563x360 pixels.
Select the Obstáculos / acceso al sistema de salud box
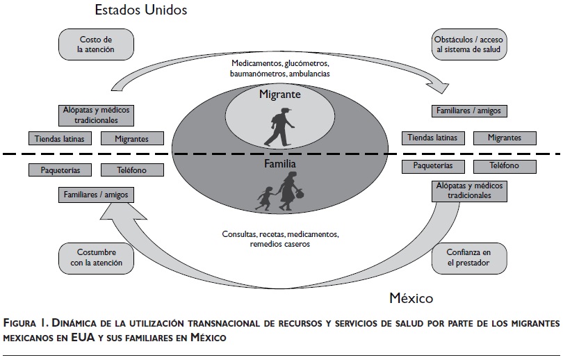[466, 45]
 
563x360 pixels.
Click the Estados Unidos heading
[142, 10]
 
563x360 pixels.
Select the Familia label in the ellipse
[280, 165]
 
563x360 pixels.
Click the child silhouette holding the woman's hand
[264, 197]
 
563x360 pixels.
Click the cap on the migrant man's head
[287, 108]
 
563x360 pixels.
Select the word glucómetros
[303, 63]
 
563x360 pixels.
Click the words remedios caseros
[281, 245]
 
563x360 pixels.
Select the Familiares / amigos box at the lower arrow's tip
[96, 195]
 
